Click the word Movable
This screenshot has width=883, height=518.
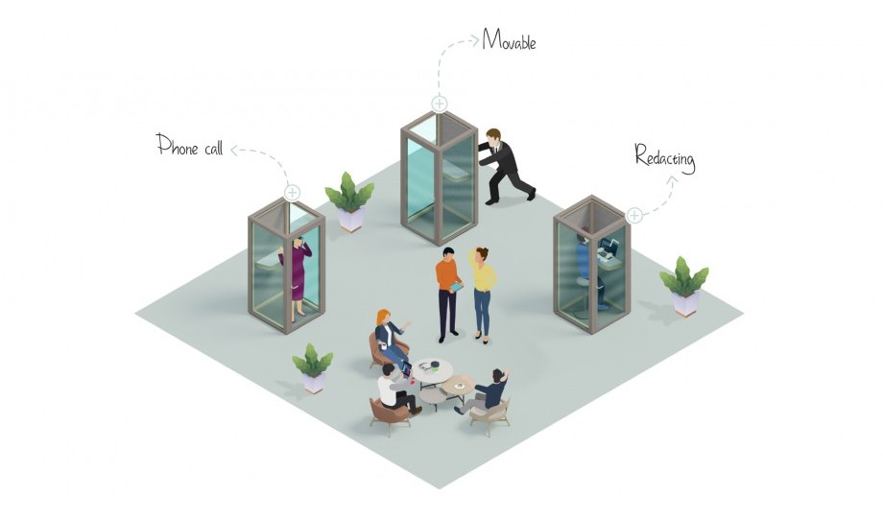tap(509, 40)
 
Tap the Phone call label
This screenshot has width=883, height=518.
tap(190, 145)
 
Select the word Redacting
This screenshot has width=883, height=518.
tap(665, 157)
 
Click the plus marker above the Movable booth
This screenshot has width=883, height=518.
tap(440, 104)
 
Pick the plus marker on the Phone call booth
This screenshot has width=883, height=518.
tap(292, 193)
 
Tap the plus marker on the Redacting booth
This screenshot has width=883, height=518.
tap(634, 215)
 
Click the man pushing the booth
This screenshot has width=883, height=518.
tap(505, 166)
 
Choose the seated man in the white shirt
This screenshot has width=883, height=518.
tap(395, 388)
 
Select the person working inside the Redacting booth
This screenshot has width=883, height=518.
tap(588, 270)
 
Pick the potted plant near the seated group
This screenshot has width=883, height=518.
tap(313, 367)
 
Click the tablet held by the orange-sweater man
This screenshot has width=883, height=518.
tap(456, 288)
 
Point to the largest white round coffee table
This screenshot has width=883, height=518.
tap(433, 371)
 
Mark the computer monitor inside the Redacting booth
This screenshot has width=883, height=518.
tap(609, 245)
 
